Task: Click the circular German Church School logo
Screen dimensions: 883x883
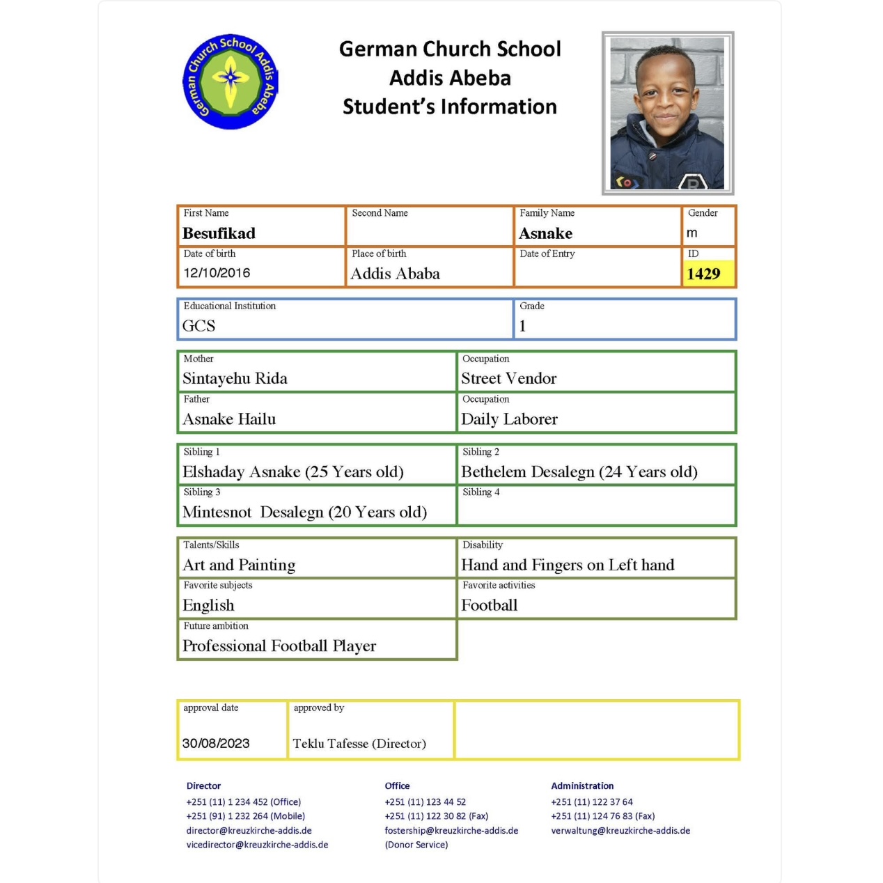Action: click(230, 81)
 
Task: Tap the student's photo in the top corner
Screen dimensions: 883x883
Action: click(667, 113)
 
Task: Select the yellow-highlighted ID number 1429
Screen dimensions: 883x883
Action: click(704, 274)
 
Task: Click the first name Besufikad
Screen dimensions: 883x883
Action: click(219, 233)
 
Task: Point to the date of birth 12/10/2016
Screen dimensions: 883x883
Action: click(217, 273)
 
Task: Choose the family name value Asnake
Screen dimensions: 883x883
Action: click(546, 233)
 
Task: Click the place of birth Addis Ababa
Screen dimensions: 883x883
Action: click(395, 274)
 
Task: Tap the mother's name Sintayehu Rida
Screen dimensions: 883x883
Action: click(235, 378)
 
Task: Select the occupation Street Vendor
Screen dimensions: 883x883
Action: click(508, 378)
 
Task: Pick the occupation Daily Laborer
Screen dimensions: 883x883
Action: click(509, 419)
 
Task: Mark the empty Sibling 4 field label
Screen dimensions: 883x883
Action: click(480, 492)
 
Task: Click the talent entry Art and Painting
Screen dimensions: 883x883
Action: click(239, 565)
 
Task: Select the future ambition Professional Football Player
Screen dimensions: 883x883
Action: click(279, 646)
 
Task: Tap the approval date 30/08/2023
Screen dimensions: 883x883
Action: click(216, 743)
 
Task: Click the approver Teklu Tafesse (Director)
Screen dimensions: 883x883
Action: click(359, 743)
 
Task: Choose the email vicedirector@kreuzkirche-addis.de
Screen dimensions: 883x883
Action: click(257, 845)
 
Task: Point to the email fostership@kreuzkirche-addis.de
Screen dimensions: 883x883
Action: click(451, 831)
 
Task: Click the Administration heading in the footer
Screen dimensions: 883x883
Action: click(582, 786)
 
